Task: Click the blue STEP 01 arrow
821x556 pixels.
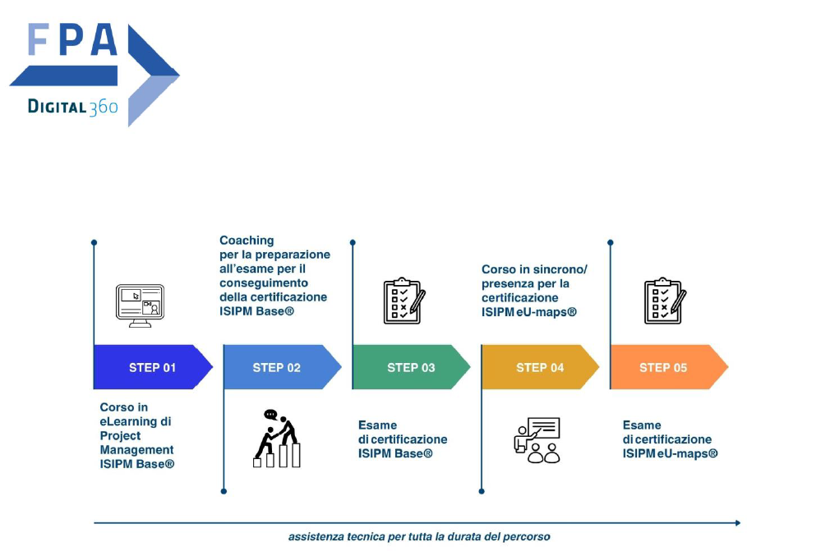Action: (153, 367)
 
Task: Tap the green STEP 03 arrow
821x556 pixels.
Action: (411, 367)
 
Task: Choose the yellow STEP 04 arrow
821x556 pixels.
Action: (540, 367)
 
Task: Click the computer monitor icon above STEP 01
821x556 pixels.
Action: (140, 306)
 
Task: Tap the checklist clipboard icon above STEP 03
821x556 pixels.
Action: (404, 301)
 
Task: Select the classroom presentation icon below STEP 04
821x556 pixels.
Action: (538, 440)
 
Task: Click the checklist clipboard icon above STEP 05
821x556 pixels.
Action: (664, 301)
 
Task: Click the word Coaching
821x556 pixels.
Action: (247, 241)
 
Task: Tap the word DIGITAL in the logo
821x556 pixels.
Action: (58, 106)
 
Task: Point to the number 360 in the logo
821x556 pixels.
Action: (104, 107)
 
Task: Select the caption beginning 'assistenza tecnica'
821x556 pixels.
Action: (419, 537)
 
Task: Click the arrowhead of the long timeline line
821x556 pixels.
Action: (736, 522)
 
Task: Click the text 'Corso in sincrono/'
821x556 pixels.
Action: (534, 269)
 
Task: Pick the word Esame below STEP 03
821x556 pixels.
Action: (377, 425)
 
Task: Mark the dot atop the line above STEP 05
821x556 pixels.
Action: (611, 242)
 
